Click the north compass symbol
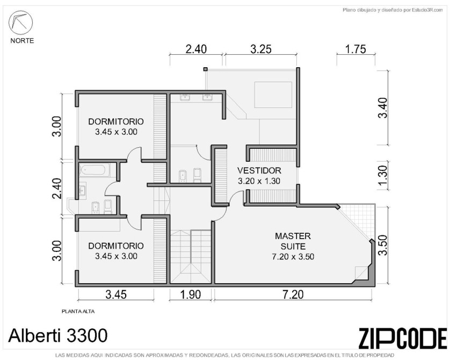pos(20,23)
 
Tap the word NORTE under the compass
pos(22,41)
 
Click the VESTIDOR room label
pos(259,170)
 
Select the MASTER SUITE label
pos(293,241)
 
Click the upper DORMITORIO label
pos(116,121)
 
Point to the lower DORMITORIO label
pos(116,246)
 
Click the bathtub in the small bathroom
pos(95,170)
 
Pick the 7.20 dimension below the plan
pos(293,294)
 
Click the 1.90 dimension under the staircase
pos(191,294)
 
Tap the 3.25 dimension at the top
pos(261,49)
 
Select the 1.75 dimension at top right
pos(355,49)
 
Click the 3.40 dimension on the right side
pos(383,107)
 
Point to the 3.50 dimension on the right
pos(383,245)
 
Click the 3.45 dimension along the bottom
pos(116,294)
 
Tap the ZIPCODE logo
pos(403,338)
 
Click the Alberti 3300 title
pos(58,335)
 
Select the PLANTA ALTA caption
pos(78,311)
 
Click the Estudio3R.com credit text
pos(427,10)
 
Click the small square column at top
pos(205,69)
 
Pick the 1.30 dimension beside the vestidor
pos(383,175)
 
